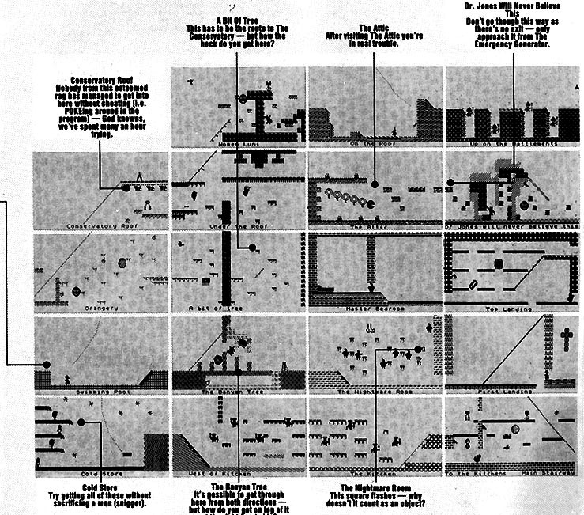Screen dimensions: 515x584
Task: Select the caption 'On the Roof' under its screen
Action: coord(373,144)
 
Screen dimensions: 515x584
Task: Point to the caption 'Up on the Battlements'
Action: coord(512,144)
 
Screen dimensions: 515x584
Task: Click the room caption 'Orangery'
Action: coord(100,308)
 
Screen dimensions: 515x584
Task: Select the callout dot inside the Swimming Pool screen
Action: coord(47,365)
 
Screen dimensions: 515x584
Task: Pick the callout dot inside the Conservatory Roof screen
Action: coord(125,187)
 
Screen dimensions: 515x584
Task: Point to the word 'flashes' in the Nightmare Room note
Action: coord(390,496)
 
